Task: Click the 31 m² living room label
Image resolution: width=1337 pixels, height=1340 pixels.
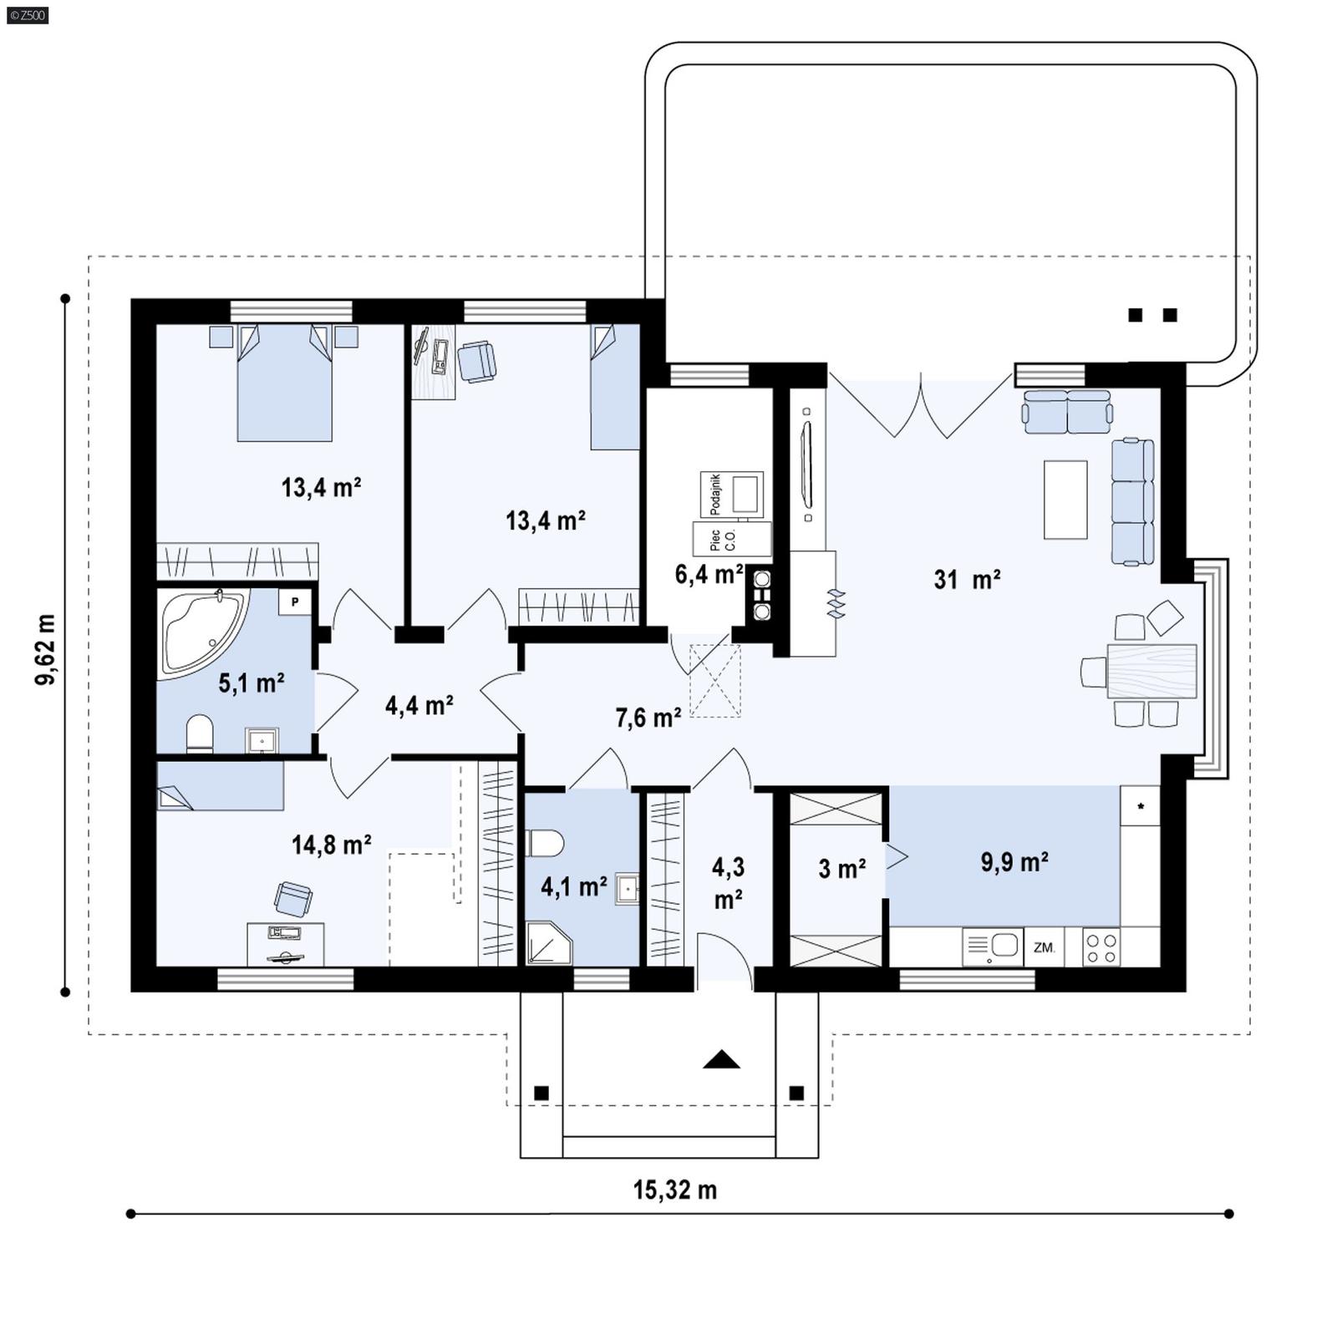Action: click(x=967, y=579)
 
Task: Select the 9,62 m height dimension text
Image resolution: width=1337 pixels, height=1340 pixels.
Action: click(x=46, y=649)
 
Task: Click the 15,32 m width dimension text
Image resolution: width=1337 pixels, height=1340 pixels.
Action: click(x=674, y=1190)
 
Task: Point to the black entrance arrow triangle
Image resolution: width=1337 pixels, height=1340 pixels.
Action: click(x=721, y=1060)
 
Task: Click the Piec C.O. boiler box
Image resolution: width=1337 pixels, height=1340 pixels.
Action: click(x=731, y=540)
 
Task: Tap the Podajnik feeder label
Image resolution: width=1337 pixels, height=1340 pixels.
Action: click(x=715, y=494)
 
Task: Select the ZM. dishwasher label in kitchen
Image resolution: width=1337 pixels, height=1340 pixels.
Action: click(x=1044, y=947)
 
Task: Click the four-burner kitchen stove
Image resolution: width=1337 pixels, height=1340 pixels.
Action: click(x=1101, y=947)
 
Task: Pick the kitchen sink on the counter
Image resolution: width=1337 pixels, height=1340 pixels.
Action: click(x=993, y=947)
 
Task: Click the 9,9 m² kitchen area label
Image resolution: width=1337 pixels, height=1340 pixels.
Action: click(x=1014, y=862)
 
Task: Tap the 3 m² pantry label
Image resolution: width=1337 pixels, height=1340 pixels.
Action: click(x=841, y=869)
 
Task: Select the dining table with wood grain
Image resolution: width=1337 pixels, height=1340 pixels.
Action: click(x=1151, y=670)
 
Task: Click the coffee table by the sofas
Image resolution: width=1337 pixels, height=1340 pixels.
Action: click(x=1065, y=500)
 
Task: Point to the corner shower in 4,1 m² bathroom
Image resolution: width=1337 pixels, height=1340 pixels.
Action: click(x=547, y=944)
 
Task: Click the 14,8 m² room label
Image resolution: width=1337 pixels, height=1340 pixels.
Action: click(x=331, y=845)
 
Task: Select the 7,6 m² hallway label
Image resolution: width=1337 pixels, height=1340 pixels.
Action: click(x=648, y=717)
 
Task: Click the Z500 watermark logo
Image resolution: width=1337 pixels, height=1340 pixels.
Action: click(x=26, y=14)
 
